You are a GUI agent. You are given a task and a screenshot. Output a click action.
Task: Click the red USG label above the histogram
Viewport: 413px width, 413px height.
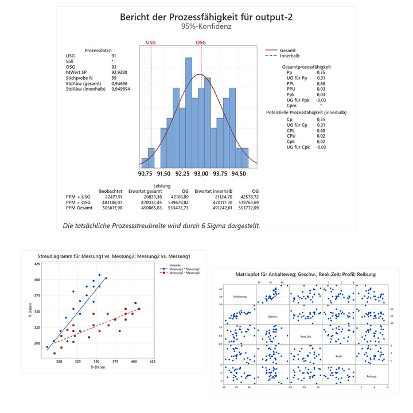[x=151, y=42]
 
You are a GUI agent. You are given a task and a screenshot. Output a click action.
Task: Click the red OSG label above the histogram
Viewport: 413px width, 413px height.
[x=201, y=42]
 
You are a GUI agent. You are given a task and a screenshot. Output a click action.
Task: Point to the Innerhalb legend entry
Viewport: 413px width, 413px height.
[x=290, y=56]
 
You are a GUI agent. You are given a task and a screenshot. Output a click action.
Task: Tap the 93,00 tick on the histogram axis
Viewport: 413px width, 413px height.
[x=201, y=173]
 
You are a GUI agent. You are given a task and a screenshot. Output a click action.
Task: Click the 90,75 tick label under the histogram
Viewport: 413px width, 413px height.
[x=146, y=173]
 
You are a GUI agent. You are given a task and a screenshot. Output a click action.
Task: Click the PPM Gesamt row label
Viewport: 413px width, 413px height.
[x=80, y=208]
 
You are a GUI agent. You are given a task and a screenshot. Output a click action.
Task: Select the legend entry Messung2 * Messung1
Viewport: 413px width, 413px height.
[x=184, y=272]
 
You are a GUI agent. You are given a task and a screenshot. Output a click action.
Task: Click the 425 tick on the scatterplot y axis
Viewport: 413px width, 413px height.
[x=37, y=264]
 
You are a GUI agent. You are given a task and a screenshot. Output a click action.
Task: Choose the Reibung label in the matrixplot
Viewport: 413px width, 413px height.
[x=372, y=376]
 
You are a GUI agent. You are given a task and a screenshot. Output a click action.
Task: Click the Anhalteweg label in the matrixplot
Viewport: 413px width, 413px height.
[x=240, y=297]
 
